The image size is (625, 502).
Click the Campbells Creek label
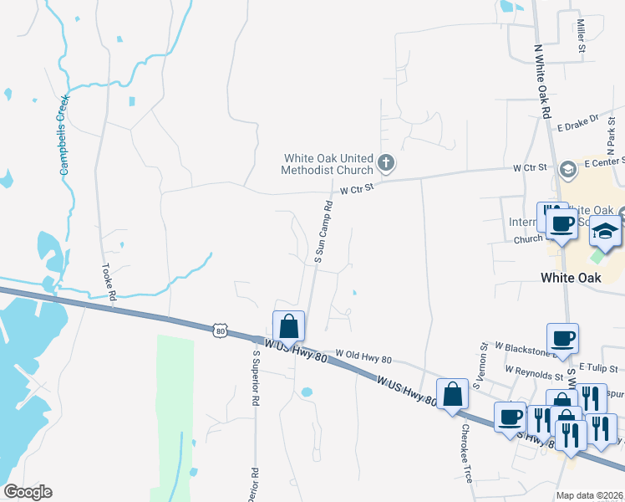(64, 135)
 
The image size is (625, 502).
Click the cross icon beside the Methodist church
(386, 161)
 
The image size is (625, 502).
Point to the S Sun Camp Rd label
(323, 232)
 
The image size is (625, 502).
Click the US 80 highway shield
(220, 330)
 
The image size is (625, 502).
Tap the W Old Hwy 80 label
(363, 359)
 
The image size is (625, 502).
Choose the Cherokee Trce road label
(465, 452)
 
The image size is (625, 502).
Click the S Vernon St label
(480, 365)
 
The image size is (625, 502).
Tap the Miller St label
(580, 36)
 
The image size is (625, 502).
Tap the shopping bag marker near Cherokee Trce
(452, 394)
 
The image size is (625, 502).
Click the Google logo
(28, 492)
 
